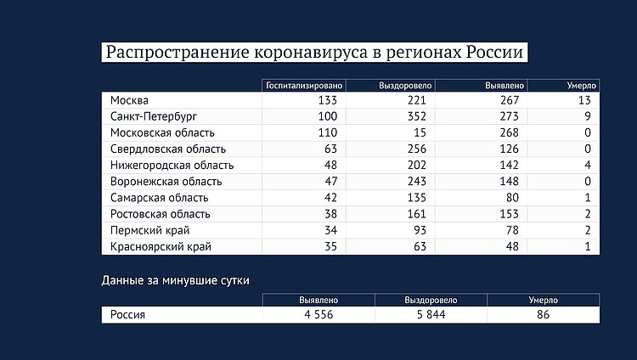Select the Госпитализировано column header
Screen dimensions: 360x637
(x=304, y=86)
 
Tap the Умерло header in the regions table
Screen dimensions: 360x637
(x=583, y=86)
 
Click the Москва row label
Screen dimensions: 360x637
(x=129, y=101)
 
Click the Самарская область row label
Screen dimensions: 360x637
(x=159, y=198)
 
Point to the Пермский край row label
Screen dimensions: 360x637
(x=149, y=230)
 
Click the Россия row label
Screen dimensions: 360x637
(x=127, y=314)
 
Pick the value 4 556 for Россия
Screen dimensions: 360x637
(x=319, y=314)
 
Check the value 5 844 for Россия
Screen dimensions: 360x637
(x=431, y=314)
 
